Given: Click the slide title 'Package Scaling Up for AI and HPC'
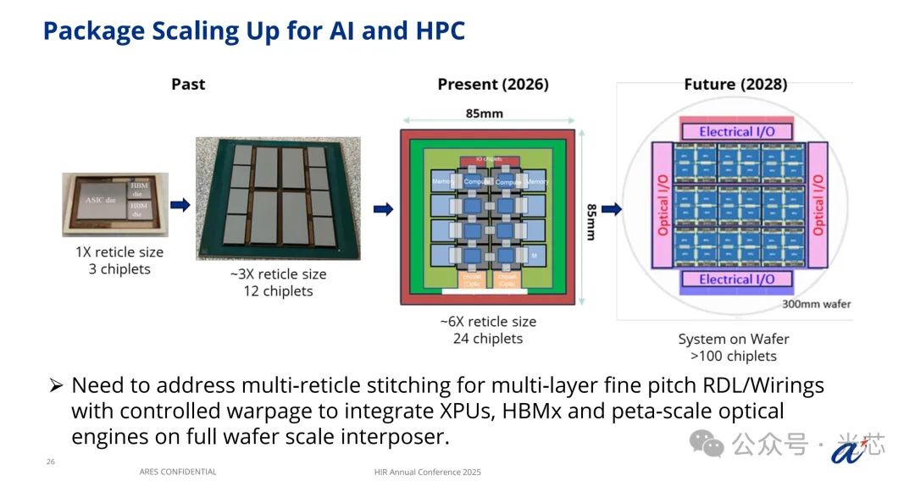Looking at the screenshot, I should coord(253,31).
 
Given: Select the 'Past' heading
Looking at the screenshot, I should coord(188,84).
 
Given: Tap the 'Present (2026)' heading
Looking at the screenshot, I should coord(492,84).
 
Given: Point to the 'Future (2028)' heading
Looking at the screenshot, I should coord(735,84).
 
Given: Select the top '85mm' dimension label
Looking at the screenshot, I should coord(485,113).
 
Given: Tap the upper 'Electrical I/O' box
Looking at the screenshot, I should coord(735,131).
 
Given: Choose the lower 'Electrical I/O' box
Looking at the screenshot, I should coord(735,279).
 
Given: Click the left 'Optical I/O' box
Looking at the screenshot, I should coord(663,205).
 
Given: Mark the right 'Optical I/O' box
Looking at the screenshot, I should coord(818,205).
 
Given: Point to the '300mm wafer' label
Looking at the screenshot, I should coord(816,304).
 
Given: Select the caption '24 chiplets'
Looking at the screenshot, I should coord(487,339).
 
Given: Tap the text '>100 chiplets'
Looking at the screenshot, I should coord(734,357).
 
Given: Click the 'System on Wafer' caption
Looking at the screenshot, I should coord(734,339).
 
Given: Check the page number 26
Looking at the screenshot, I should coord(51,462).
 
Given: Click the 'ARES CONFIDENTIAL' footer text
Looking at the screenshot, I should coord(178,472).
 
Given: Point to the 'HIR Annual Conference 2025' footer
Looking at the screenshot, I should coord(427,472).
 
